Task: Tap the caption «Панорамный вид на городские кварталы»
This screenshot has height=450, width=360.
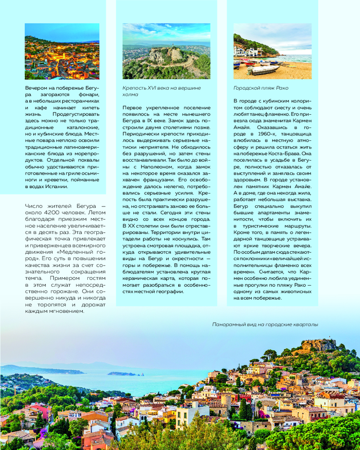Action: (x=265, y=324)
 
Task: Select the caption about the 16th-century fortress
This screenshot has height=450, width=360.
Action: (x=162, y=91)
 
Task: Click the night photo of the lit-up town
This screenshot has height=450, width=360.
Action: (x=62, y=51)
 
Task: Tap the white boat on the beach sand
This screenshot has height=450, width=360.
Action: (x=263, y=70)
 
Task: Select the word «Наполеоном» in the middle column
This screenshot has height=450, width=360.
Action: (x=152, y=167)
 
